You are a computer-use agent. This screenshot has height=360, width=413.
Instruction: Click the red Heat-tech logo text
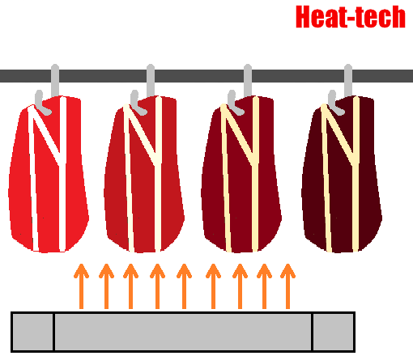[x=351, y=17]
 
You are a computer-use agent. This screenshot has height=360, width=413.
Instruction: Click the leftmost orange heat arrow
[x=81, y=286]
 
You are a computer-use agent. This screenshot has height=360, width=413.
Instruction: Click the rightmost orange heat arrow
[x=287, y=286]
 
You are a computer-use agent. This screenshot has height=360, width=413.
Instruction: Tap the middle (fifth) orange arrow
[x=184, y=286]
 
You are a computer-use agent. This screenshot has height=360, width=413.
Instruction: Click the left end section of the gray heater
[x=32, y=332]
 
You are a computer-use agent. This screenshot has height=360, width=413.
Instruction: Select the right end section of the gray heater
[x=334, y=332]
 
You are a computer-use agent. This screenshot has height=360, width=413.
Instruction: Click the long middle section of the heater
[x=183, y=332]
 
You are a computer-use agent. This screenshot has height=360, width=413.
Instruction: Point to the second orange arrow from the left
[x=106, y=286]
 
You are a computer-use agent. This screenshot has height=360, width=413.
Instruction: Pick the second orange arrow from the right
[x=264, y=286]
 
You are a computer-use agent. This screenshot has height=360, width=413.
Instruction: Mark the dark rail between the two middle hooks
[x=199, y=76]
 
